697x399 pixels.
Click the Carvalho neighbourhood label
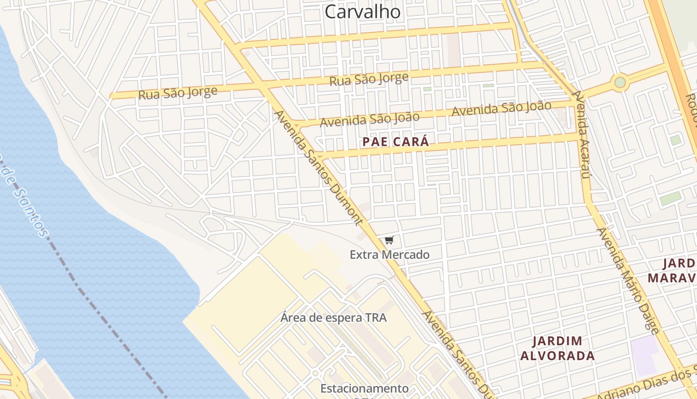click(x=362, y=11)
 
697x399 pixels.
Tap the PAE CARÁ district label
click(x=395, y=142)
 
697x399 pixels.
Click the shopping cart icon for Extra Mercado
click(x=389, y=240)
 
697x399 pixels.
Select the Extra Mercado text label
click(x=389, y=255)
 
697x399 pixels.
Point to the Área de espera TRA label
click(x=333, y=317)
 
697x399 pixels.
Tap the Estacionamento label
click(x=364, y=388)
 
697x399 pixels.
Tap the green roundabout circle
click(x=620, y=82)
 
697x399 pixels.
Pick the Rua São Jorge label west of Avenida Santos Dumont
click(x=178, y=93)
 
